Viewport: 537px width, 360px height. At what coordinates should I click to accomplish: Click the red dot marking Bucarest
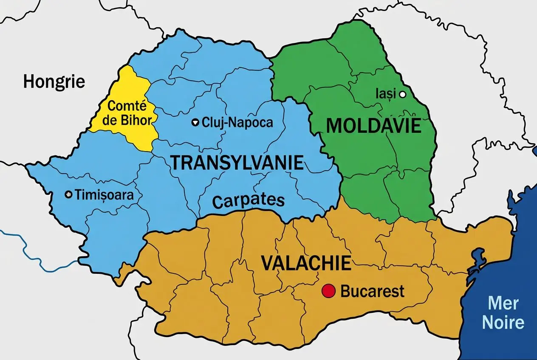click(328, 291)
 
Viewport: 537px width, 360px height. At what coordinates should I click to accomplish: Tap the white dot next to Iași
click(402, 94)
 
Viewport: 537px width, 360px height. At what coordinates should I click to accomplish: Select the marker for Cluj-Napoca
click(195, 123)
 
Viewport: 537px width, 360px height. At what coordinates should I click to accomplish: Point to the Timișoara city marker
click(68, 194)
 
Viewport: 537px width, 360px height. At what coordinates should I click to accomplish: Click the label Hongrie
click(54, 81)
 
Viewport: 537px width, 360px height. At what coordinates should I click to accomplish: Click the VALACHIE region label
click(306, 263)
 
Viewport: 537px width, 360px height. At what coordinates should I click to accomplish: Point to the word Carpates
click(248, 200)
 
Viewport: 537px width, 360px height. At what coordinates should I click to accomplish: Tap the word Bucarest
click(372, 292)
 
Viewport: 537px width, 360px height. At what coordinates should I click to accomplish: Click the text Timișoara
click(104, 195)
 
